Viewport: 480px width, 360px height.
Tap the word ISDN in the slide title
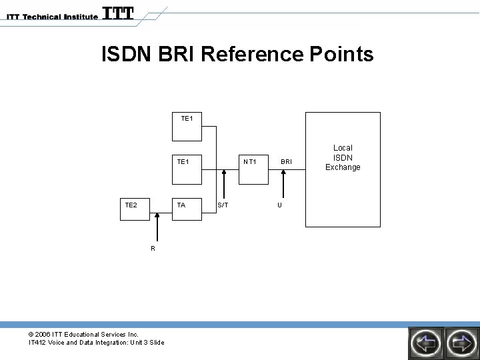click(x=127, y=54)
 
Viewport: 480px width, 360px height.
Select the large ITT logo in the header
click(x=118, y=13)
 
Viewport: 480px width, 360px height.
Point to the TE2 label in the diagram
click(x=131, y=205)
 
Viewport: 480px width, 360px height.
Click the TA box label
click(x=181, y=205)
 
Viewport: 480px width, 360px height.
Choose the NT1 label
click(x=250, y=161)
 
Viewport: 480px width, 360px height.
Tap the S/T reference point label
click(x=223, y=205)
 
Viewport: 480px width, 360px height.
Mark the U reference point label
click(x=280, y=205)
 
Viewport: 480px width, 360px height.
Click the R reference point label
click(x=153, y=248)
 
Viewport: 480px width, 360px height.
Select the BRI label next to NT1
click(x=286, y=161)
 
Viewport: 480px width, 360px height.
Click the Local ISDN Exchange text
click(x=343, y=157)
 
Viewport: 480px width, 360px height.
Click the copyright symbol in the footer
click(x=31, y=334)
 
